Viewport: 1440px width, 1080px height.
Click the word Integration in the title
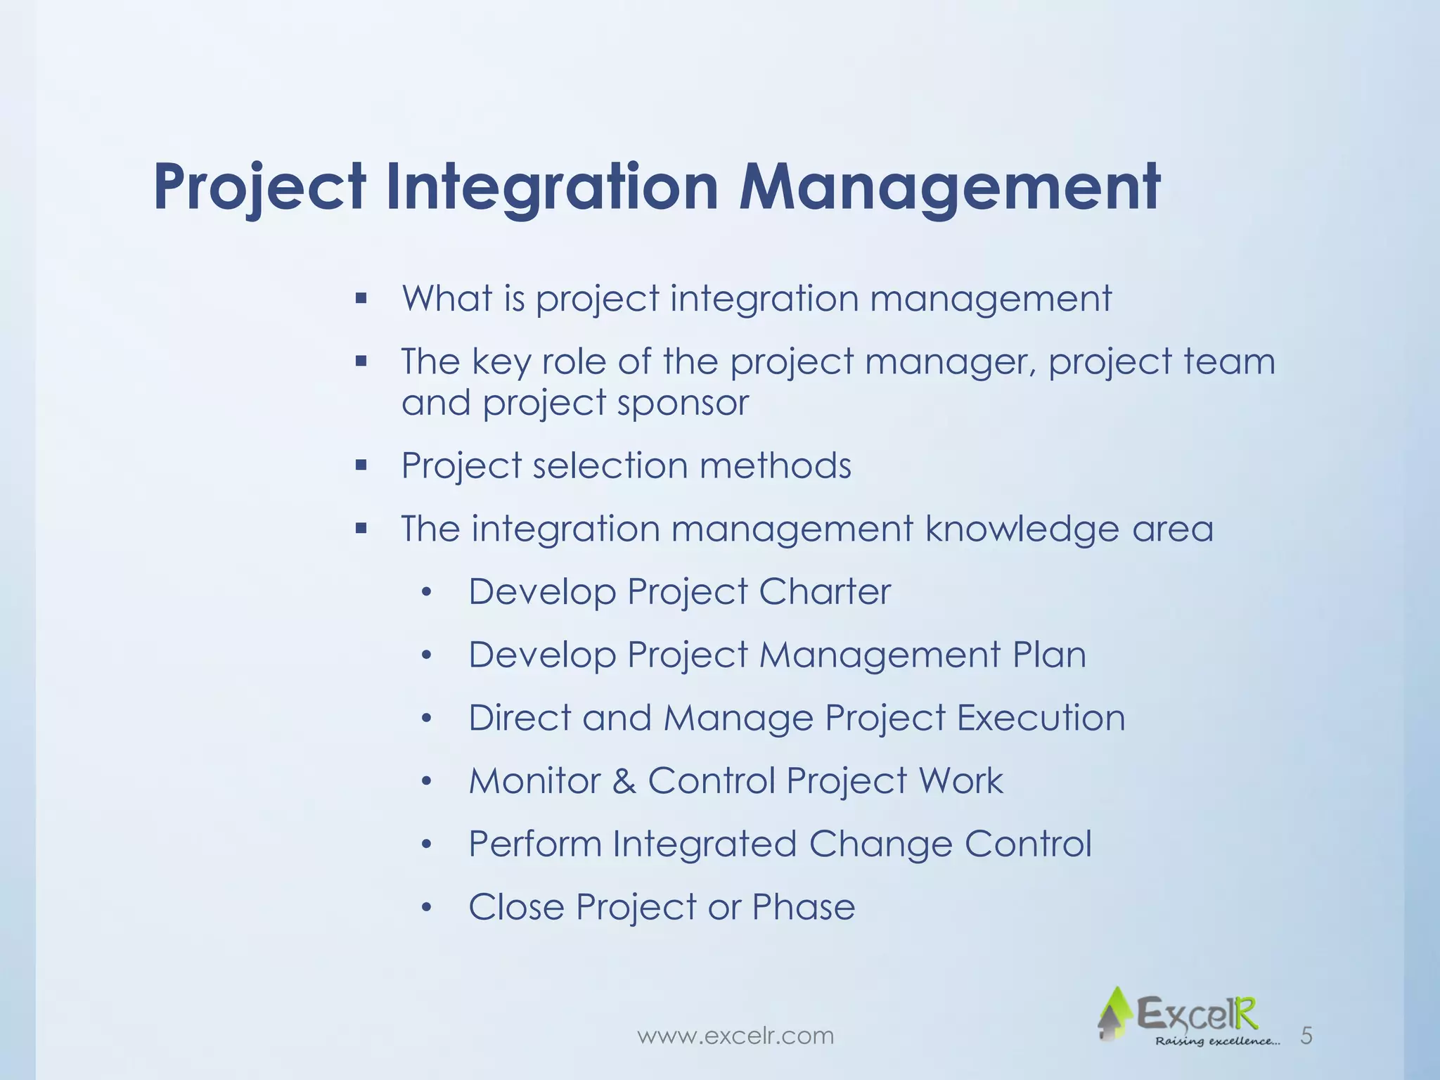[551, 188]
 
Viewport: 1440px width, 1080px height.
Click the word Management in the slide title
[949, 188]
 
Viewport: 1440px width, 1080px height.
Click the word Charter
[824, 591]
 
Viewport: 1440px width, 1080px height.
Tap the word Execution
[1041, 718]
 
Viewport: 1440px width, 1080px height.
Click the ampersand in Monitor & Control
[624, 781]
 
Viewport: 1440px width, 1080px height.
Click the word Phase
[803, 907]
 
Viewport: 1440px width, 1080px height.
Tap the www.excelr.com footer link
[735, 1036]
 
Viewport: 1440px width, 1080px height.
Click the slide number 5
[1306, 1036]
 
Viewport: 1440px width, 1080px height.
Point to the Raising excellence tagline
[1216, 1041]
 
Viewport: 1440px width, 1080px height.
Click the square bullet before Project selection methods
[361, 465]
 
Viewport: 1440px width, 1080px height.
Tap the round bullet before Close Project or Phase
[425, 908]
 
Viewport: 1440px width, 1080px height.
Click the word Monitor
[534, 781]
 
